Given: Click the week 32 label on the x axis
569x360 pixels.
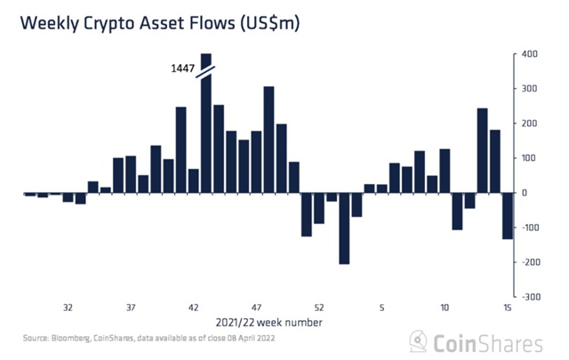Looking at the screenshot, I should pos(68,308).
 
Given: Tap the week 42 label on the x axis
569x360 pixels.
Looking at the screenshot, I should pos(193,308).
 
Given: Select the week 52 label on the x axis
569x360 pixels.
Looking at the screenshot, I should pos(319,308).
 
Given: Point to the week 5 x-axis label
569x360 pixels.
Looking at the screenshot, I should pos(382,308).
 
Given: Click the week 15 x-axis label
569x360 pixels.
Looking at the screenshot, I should pos(508,308).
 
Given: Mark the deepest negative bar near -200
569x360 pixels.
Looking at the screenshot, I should pos(344,228).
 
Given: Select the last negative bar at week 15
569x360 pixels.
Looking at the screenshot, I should pos(508,215).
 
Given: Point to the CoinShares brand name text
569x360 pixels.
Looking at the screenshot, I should pos(489,341).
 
